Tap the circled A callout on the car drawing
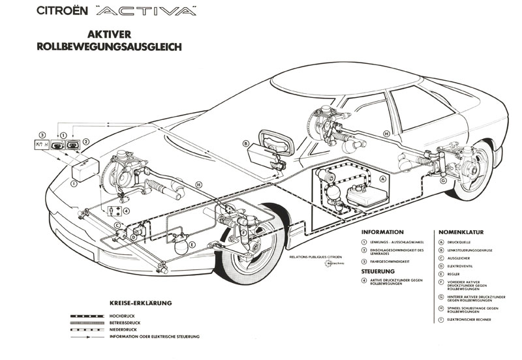click(383, 177)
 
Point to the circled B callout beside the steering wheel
click(246, 143)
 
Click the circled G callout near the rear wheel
click(443, 182)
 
